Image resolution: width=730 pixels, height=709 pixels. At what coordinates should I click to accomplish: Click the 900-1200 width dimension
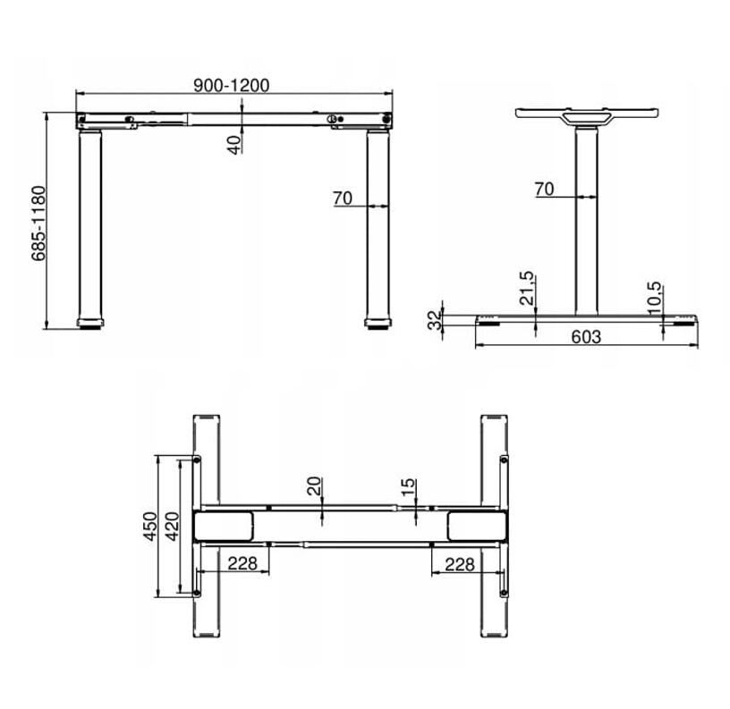pyautogui.click(x=232, y=86)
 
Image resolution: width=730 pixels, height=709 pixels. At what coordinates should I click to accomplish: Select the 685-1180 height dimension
pyautogui.click(x=38, y=224)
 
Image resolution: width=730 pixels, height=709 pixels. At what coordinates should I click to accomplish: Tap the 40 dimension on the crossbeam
pyautogui.click(x=235, y=144)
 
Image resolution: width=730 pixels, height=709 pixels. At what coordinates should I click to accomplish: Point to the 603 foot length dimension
pyautogui.click(x=586, y=336)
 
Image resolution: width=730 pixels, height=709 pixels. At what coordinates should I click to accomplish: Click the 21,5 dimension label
pyautogui.click(x=527, y=289)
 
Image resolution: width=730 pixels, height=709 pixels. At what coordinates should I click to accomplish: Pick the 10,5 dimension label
pyautogui.click(x=654, y=298)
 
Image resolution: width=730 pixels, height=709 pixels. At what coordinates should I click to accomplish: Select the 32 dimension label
pyautogui.click(x=435, y=321)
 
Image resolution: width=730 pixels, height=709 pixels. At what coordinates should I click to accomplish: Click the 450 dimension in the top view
pyautogui.click(x=150, y=527)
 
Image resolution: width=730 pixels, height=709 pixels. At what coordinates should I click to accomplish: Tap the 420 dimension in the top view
pyautogui.click(x=173, y=527)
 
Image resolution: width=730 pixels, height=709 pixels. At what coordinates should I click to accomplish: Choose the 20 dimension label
pyautogui.click(x=315, y=486)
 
